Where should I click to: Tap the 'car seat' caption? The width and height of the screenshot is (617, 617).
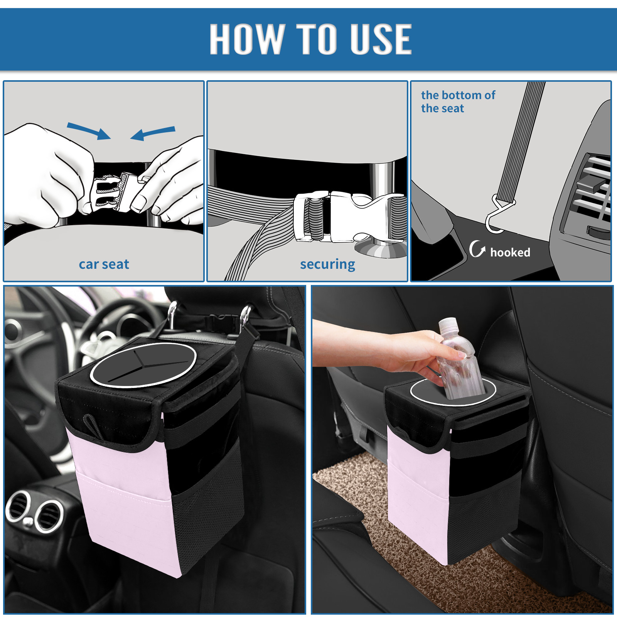point(104,264)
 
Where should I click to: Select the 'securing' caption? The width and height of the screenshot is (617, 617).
point(327,265)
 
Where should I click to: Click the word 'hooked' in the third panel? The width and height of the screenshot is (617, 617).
point(510,252)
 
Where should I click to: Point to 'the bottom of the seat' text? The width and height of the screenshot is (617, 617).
point(458,101)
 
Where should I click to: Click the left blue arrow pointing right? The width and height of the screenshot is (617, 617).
point(89,131)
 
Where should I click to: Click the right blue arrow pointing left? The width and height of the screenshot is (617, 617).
point(153,133)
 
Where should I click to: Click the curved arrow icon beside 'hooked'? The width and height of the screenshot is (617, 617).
point(477,249)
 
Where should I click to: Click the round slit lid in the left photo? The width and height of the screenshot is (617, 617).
point(143,364)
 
